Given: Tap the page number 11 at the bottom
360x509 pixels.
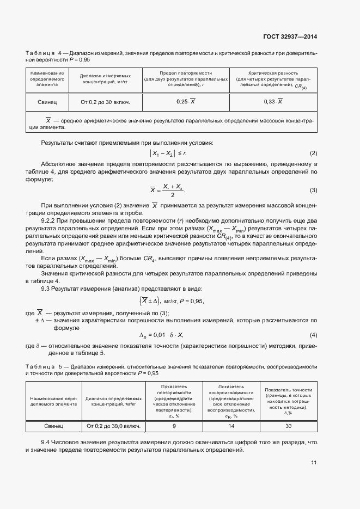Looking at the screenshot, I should [x=314, y=463].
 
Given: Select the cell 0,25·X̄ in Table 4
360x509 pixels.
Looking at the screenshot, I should [x=186, y=102].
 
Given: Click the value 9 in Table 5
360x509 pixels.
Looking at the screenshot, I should [x=174, y=426].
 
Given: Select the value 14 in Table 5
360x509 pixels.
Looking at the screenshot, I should [x=231, y=426].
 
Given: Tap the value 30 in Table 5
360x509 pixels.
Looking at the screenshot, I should [x=288, y=426].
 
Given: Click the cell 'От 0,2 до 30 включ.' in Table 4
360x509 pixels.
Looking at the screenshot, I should [x=106, y=102].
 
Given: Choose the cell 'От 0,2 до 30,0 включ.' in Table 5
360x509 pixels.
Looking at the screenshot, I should [x=113, y=426].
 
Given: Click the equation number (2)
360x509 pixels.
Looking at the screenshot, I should [x=313, y=154].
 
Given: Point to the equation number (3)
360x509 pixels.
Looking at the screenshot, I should [x=313, y=190].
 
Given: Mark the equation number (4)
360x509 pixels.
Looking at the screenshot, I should [x=313, y=334].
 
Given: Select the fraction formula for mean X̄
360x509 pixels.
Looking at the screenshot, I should [x=167, y=190].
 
